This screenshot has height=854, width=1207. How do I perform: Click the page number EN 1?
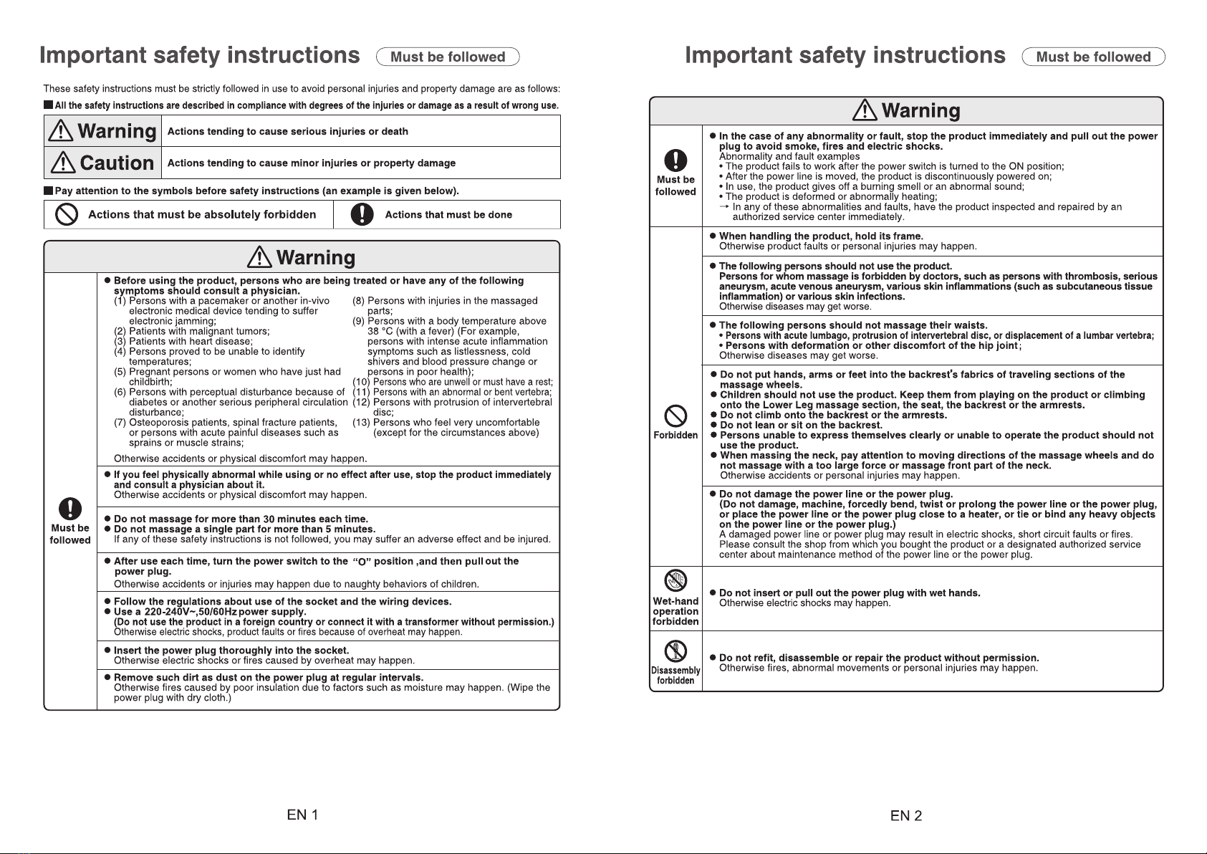[302, 815]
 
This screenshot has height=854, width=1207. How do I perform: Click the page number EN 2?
[906, 815]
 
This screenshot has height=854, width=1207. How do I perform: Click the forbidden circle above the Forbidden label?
[676, 415]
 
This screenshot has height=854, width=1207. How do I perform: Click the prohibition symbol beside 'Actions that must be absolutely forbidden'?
[67, 215]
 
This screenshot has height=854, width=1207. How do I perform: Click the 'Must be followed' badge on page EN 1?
[448, 57]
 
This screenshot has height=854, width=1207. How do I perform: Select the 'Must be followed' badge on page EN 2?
[1093, 57]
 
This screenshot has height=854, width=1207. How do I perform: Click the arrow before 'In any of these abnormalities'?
[724, 206]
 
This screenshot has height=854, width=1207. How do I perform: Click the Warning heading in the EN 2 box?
[906, 111]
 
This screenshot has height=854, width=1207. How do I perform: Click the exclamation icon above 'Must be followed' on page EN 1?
[69, 509]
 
